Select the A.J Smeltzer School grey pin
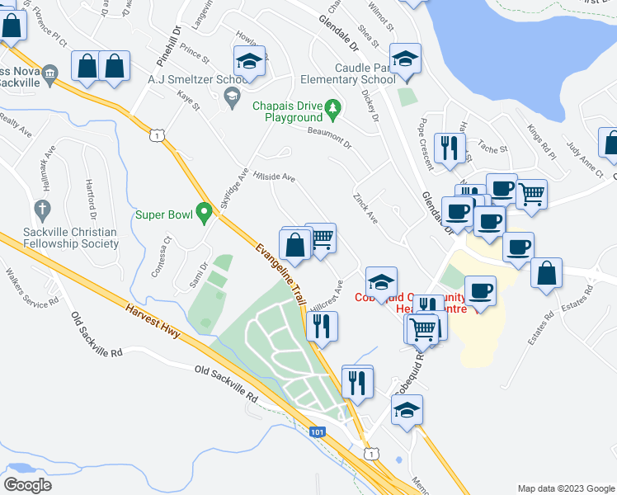point(232,97)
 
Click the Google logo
point(28,485)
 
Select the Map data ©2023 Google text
point(565,488)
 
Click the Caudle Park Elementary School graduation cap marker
point(405,59)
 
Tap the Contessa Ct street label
point(161,256)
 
